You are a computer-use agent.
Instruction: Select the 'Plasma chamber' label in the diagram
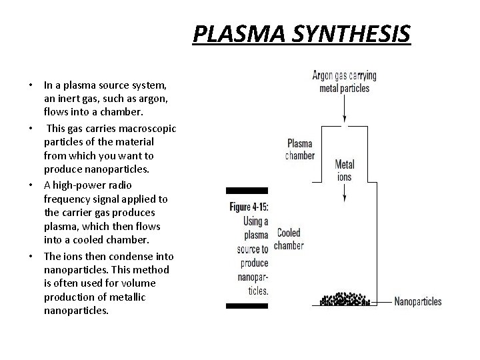pos(301,149)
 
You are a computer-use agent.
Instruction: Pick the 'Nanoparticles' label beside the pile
pos(418,302)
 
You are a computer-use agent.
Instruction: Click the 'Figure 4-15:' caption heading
pos(249,207)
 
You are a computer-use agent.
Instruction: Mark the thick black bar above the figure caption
pos(247,191)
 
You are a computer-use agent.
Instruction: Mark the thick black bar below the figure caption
pos(247,306)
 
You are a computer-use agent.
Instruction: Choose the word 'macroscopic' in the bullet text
pos(141,129)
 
